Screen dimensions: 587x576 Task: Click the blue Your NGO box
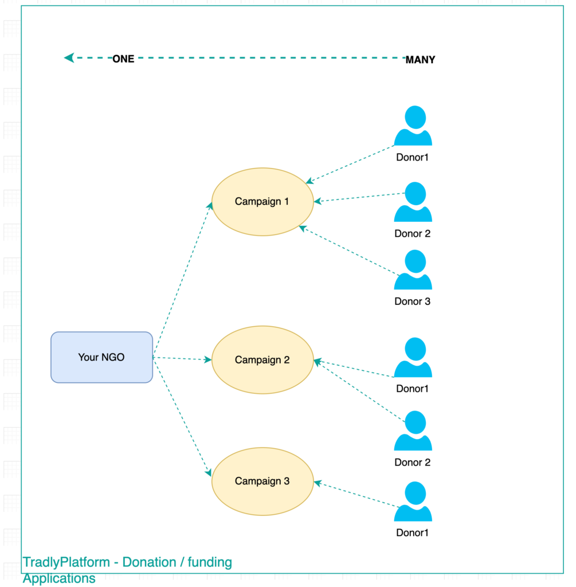tap(101, 357)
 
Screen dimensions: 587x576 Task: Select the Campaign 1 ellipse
tap(262, 202)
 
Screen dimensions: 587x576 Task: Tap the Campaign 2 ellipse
tap(262, 360)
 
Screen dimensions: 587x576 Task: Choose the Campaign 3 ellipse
tap(262, 481)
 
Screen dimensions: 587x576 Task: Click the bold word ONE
tap(123, 59)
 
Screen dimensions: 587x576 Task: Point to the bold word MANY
tap(420, 60)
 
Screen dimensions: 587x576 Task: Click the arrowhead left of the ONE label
tap(69, 58)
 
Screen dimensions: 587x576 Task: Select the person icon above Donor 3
tap(413, 270)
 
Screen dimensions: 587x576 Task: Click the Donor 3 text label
tap(412, 302)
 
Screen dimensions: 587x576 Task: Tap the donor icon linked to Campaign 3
tap(413, 502)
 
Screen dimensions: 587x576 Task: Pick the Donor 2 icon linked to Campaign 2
tap(413, 431)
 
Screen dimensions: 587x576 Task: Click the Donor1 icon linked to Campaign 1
tap(413, 126)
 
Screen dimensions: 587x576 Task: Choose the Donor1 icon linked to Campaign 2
tap(413, 358)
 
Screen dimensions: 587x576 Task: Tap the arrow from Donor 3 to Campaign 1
tap(350, 251)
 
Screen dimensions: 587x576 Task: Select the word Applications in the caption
tap(59, 578)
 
